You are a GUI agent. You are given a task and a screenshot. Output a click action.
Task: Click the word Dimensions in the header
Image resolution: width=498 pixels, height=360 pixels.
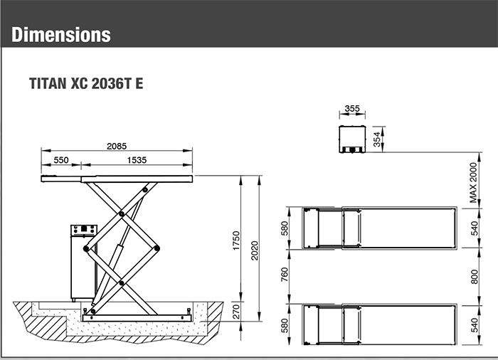click(61, 34)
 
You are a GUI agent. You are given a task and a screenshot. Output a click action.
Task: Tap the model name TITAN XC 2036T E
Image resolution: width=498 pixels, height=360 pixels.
click(85, 83)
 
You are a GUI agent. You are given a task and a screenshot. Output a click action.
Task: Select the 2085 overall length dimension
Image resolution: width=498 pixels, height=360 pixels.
click(117, 146)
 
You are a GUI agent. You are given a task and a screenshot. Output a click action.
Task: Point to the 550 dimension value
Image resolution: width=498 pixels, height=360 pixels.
click(61, 160)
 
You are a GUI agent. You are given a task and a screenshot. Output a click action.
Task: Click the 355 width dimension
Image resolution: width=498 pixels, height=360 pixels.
click(351, 109)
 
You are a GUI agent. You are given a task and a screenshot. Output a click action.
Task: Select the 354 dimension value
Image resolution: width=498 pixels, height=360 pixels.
click(378, 138)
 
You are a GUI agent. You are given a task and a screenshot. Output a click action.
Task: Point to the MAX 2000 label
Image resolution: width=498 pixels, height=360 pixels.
click(473, 181)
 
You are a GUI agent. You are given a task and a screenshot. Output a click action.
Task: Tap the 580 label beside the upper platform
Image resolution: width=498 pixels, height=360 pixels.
click(284, 228)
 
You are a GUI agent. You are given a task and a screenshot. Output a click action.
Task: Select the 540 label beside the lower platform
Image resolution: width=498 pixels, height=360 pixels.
click(473, 325)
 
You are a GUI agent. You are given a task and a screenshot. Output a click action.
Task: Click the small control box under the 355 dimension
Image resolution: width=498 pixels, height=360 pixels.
click(351, 139)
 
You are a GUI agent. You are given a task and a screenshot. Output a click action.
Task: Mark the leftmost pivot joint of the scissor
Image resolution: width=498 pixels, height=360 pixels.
click(87, 249)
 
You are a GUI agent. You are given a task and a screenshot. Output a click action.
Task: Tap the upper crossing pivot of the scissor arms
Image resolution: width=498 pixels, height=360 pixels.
click(122, 213)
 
